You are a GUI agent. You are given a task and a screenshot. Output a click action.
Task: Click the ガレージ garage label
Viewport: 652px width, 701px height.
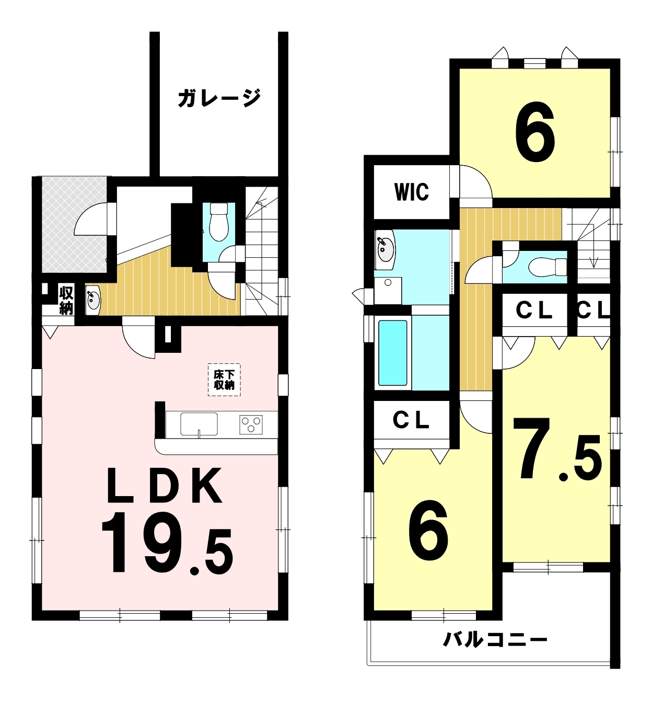tap(219, 98)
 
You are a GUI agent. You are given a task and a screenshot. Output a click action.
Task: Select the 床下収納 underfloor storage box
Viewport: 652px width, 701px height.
tap(224, 380)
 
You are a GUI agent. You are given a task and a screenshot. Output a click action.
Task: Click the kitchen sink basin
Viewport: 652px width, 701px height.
tap(199, 423)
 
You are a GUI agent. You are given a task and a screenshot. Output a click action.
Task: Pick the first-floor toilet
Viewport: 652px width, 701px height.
tap(218, 222)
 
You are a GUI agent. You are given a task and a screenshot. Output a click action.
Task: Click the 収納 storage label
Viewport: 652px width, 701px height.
tap(66, 301)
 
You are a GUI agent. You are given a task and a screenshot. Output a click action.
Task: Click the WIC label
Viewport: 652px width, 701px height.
tap(411, 192)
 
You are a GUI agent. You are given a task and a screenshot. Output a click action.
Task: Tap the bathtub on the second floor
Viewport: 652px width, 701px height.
tap(393, 353)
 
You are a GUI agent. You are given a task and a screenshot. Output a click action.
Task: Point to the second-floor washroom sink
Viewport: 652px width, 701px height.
tap(385, 249)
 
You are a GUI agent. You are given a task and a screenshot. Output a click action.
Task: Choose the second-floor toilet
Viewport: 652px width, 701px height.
tap(548, 267)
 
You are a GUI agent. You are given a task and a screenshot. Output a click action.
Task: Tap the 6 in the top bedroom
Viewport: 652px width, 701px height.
tap(535, 132)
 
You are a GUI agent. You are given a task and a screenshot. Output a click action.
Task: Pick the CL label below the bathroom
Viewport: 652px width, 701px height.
tap(411, 420)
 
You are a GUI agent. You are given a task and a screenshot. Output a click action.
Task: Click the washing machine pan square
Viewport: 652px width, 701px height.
tap(388, 291)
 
